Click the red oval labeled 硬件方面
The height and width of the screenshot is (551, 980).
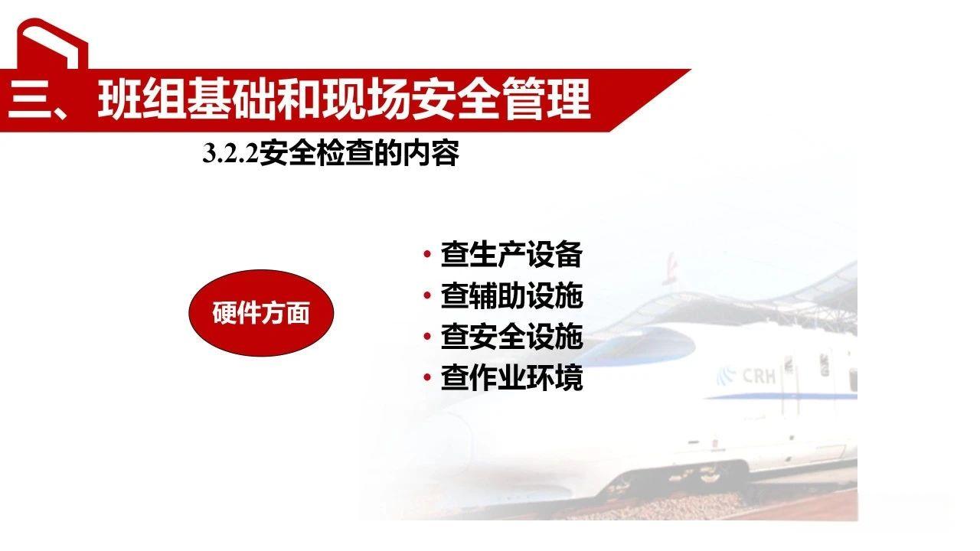[260, 313]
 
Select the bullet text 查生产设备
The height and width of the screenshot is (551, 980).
[511, 255]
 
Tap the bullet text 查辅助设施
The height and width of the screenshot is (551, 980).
[511, 296]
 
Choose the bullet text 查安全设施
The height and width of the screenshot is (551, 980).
[511, 337]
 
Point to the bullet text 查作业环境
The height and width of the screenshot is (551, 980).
[511, 379]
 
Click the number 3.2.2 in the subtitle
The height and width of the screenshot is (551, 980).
[230, 155]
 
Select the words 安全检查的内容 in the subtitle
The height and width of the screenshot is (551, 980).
[359, 154]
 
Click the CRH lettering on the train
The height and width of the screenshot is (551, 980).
[758, 376]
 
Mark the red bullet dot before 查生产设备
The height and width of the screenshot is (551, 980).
[426, 255]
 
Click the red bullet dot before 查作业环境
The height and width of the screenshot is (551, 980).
[426, 379]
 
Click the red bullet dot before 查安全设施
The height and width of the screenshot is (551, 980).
[426, 337]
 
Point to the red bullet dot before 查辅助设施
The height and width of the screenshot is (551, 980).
[426, 296]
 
